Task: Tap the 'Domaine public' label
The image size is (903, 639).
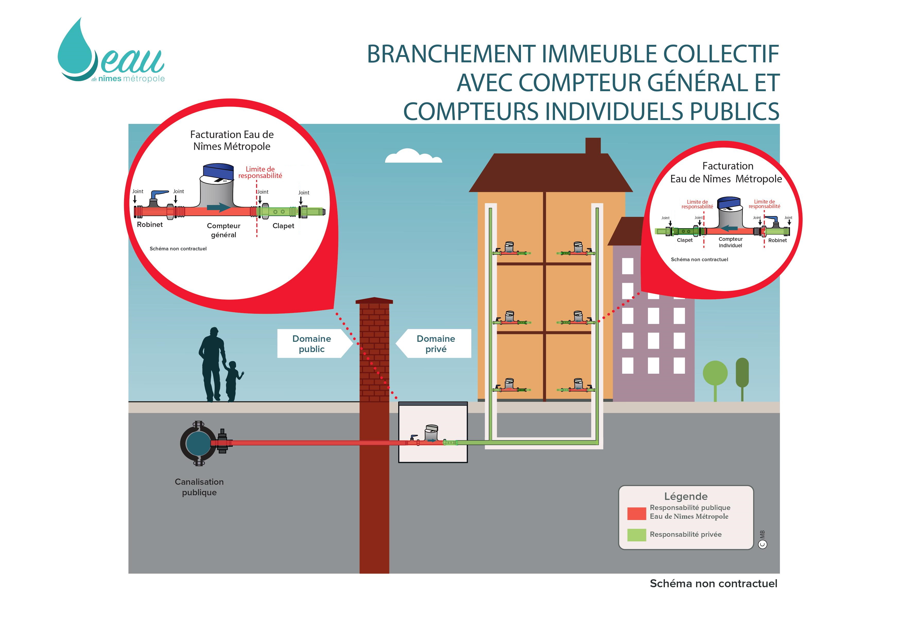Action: tap(311, 344)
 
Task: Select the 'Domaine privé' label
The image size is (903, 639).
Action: tap(436, 344)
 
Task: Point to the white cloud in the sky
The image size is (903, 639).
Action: tap(413, 156)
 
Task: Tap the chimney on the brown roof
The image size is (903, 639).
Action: tap(593, 145)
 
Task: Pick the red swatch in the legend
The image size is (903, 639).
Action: tap(636, 514)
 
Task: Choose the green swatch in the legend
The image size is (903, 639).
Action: tap(636, 535)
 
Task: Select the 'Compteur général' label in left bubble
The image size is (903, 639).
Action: tap(223, 230)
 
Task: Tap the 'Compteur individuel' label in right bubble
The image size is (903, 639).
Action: tap(730, 242)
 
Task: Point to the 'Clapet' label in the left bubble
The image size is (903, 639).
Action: tap(283, 226)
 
